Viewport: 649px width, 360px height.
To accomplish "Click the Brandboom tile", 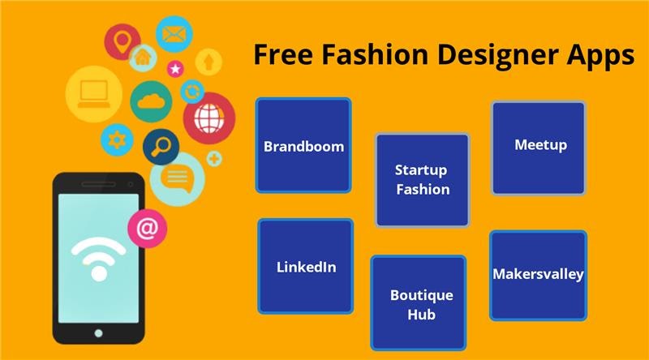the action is pyautogui.click(x=303, y=146).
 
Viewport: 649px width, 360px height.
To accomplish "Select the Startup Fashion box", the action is pyautogui.click(x=422, y=180).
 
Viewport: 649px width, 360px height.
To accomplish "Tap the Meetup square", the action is pyautogui.click(x=539, y=148).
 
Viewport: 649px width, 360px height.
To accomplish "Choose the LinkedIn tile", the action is pyautogui.click(x=306, y=267).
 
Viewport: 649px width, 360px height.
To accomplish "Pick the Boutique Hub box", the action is pyautogui.click(x=419, y=303).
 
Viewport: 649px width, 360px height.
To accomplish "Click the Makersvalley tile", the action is pyautogui.click(x=538, y=276).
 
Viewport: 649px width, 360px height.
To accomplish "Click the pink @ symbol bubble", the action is pyautogui.click(x=148, y=229).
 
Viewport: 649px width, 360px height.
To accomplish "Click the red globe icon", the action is pyautogui.click(x=209, y=118).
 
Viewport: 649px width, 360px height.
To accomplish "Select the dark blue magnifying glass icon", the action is pyautogui.click(x=161, y=147).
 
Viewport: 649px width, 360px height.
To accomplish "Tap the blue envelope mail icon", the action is pyautogui.click(x=174, y=34).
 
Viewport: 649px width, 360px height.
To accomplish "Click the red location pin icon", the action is pyautogui.click(x=122, y=42).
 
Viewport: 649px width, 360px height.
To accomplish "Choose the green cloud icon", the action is pyautogui.click(x=151, y=101).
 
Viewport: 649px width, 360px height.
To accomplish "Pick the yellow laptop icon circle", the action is pyautogui.click(x=94, y=94).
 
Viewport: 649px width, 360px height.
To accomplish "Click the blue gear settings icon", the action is pyautogui.click(x=117, y=139).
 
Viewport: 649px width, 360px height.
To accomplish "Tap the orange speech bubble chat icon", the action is pyautogui.click(x=177, y=179).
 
